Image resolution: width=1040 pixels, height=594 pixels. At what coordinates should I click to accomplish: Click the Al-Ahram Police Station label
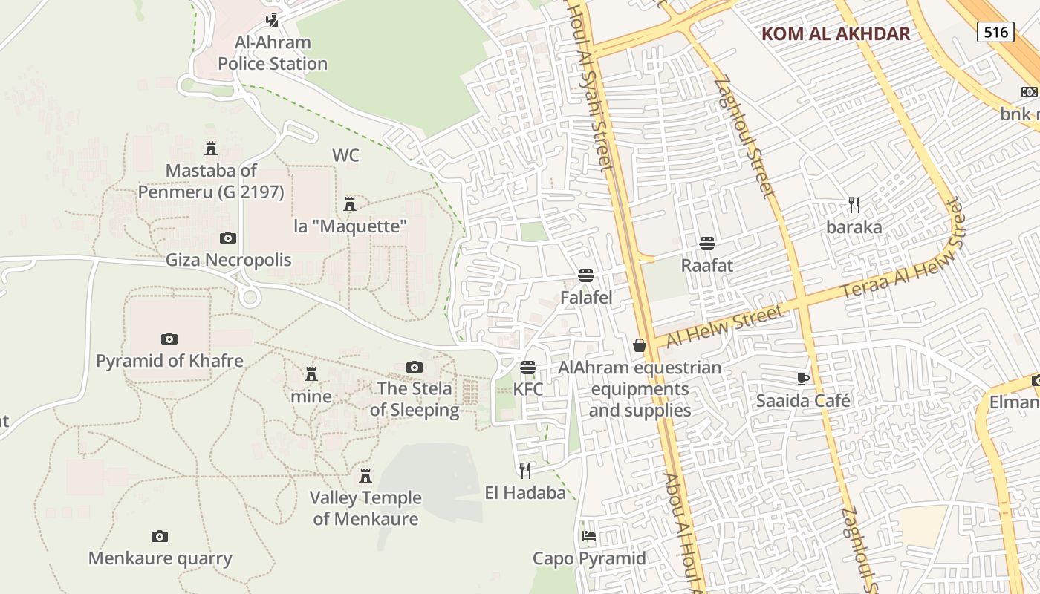point(273,53)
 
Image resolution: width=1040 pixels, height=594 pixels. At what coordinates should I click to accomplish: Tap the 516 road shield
point(995,31)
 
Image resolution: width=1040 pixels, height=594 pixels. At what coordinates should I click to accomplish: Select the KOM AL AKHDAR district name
point(836,33)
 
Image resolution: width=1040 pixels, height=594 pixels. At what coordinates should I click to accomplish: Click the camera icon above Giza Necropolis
point(228,238)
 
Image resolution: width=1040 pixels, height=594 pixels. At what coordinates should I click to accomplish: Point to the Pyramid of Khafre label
point(169,361)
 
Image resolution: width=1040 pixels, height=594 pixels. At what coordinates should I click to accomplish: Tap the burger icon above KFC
point(528,368)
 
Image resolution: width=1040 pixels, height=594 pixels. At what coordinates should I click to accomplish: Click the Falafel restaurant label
point(586,298)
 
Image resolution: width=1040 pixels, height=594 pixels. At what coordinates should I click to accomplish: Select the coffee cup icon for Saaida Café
point(803,379)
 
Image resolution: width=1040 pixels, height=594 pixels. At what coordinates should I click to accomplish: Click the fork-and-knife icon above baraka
point(854,205)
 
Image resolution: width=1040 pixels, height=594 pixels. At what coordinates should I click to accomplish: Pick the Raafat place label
point(707,265)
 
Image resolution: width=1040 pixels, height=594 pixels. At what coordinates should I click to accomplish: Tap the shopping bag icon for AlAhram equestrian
point(640,345)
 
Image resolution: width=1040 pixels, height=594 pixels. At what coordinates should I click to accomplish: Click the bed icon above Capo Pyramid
point(589,536)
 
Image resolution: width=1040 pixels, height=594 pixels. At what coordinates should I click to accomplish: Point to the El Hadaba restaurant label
point(525,492)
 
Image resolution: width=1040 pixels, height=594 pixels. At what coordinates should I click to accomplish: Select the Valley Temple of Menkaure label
point(365,508)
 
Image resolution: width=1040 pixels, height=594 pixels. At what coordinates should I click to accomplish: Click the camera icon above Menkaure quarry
point(160,537)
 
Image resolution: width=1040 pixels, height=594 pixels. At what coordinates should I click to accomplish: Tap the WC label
point(345,155)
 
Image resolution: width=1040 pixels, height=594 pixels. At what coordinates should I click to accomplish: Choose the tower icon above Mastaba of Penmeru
point(211,148)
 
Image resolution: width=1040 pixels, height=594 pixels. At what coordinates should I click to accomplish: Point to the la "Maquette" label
point(351,226)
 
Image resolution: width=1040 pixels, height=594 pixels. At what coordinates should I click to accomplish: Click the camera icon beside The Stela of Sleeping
point(415,367)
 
